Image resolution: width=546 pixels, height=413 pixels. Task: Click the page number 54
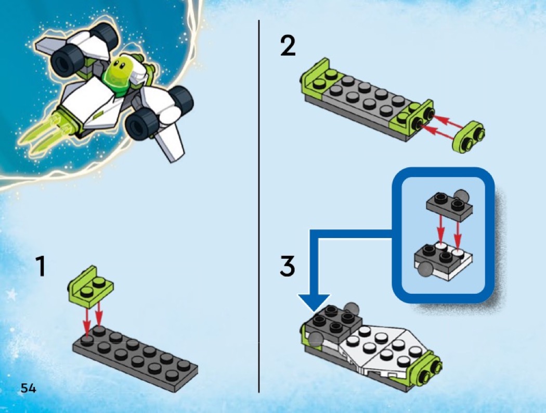pos(28,388)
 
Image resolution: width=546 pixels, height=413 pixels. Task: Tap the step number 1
pos(41,266)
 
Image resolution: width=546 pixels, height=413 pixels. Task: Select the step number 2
pos(288,46)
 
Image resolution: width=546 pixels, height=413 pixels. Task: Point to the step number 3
pos(288,266)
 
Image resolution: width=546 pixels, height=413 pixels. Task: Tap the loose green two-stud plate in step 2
pos(469,136)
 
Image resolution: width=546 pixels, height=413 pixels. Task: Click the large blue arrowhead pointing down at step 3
pos(314,302)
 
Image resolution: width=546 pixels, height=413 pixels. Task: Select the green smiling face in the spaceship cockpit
pos(119,70)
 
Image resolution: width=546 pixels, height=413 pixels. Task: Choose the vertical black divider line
pos(259,206)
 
